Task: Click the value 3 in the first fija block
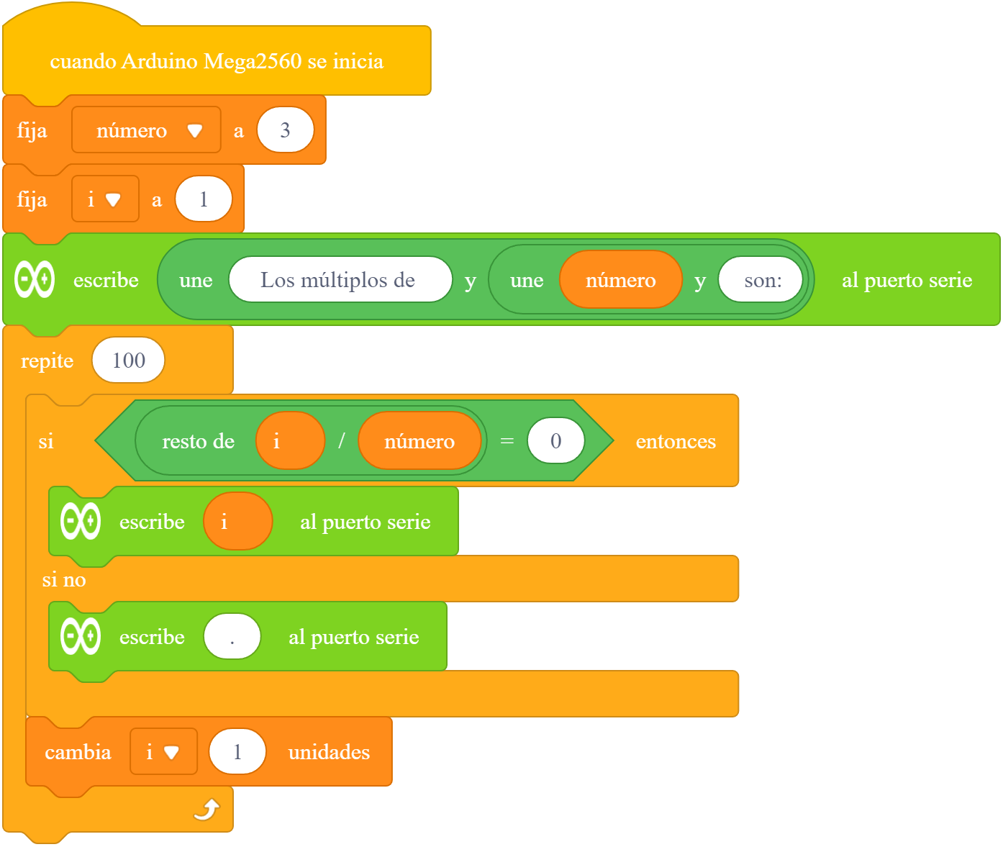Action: tap(286, 130)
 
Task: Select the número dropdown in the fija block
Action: tap(146, 130)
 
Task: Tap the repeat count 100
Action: tap(128, 361)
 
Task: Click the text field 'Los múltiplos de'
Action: tap(340, 280)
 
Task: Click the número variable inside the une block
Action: tap(621, 280)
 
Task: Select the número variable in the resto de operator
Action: tap(419, 440)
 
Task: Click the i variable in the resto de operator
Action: tap(290, 440)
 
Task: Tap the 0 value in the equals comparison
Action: tap(555, 440)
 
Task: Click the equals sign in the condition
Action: tap(507, 440)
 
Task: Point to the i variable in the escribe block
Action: tap(237, 521)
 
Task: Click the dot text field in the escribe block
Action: tap(232, 636)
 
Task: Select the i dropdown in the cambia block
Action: tap(163, 751)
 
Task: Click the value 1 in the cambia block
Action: tap(237, 751)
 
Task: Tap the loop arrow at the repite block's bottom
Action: tap(207, 810)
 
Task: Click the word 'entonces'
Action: tap(676, 441)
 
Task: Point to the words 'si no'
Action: tap(64, 579)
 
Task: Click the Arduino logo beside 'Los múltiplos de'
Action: tap(35, 279)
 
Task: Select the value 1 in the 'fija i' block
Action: tap(204, 199)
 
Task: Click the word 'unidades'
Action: tap(329, 752)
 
